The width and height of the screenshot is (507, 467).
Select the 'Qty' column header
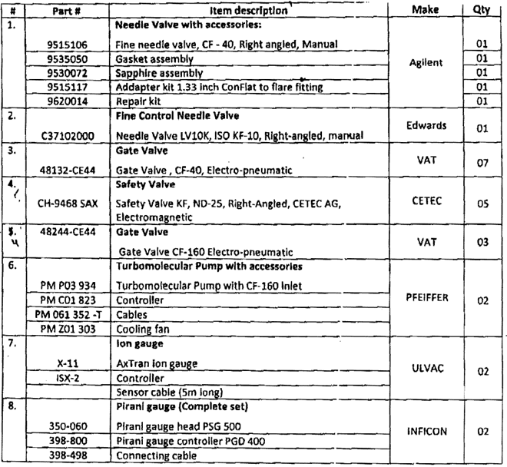[x=483, y=10]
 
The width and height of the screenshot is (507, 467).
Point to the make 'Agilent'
[x=430, y=66]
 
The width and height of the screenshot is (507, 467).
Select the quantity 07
[x=482, y=166]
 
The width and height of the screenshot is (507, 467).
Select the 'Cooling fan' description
[x=147, y=329]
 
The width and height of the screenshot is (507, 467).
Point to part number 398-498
[x=68, y=456]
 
